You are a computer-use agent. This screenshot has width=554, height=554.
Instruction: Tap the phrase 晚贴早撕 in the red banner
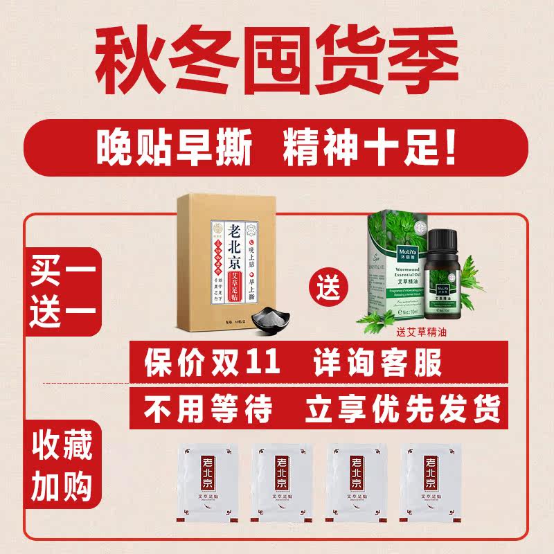coord(174,150)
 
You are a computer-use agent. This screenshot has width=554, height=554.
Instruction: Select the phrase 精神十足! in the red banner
coord(370,150)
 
